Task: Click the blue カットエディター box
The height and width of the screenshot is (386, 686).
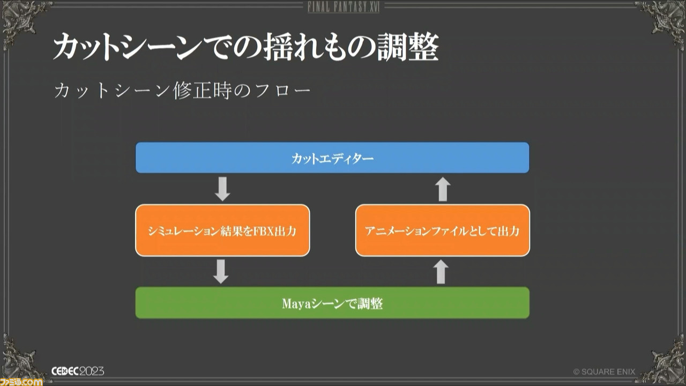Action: click(332, 158)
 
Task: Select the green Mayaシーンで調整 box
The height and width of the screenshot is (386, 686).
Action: click(332, 303)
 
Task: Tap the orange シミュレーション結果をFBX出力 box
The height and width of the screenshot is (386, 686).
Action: click(222, 231)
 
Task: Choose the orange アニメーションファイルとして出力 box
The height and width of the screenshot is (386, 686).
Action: click(443, 231)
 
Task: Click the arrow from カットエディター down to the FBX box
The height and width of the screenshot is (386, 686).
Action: click(222, 189)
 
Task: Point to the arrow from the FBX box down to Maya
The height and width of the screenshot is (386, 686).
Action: click(221, 271)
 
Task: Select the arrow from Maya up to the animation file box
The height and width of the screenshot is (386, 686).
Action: click(441, 271)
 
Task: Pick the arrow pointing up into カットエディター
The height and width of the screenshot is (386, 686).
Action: click(443, 189)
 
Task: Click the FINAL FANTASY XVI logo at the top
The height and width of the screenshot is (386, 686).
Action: click(344, 7)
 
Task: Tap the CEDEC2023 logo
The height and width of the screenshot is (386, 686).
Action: click(78, 372)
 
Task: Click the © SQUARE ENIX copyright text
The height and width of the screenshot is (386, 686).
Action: click(604, 372)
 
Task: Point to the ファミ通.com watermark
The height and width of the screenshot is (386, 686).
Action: click(21, 382)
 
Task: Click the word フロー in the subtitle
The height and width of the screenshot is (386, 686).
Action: click(284, 91)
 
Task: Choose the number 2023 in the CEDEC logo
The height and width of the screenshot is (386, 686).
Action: click(92, 372)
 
